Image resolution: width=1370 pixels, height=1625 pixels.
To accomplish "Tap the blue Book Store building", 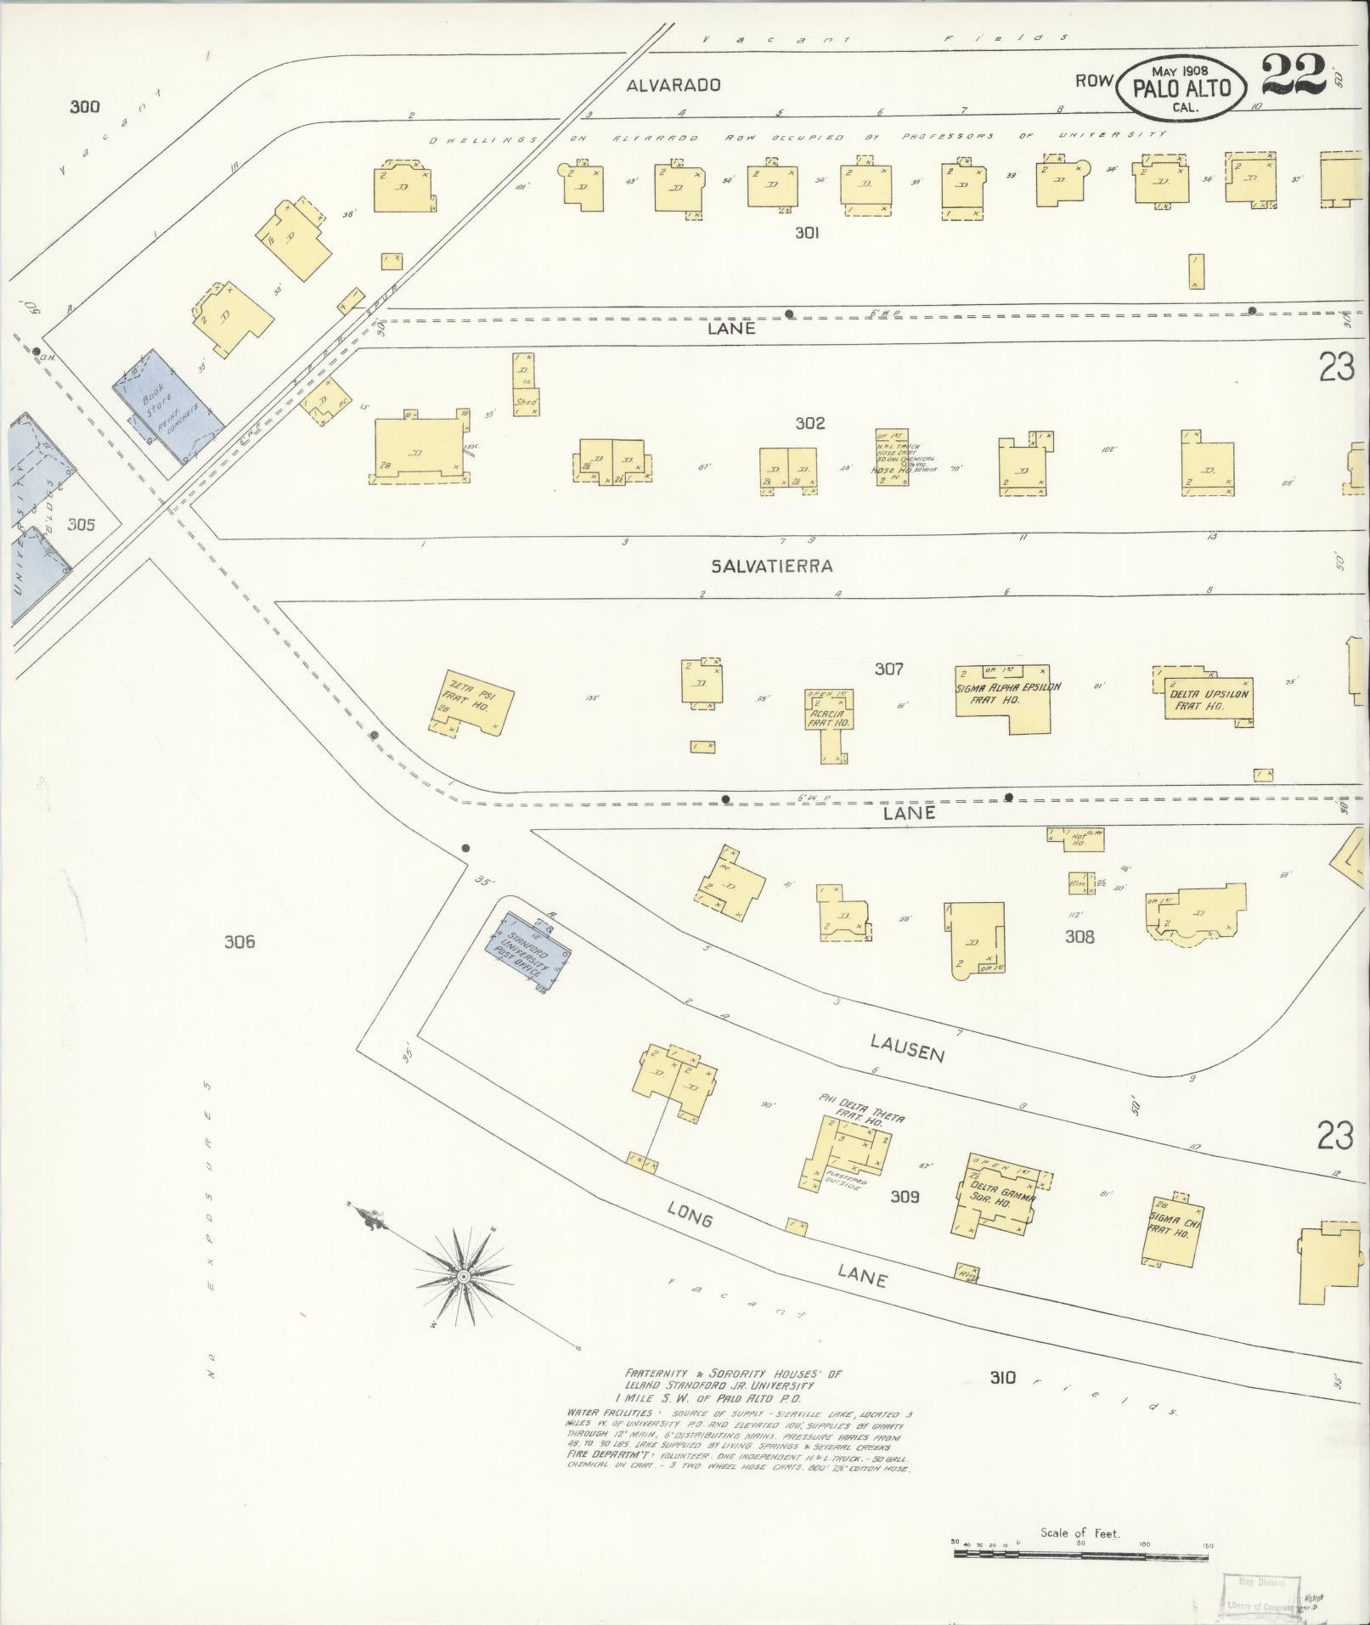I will [167, 405].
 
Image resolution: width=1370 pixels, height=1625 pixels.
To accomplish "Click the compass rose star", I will [464, 1276].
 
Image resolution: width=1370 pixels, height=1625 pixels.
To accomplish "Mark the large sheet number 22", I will [1293, 77].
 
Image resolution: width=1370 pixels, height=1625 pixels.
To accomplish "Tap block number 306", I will [240, 941].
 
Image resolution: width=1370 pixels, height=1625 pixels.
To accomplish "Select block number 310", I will [1002, 1377].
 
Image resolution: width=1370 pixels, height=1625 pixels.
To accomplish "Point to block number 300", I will [85, 106].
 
